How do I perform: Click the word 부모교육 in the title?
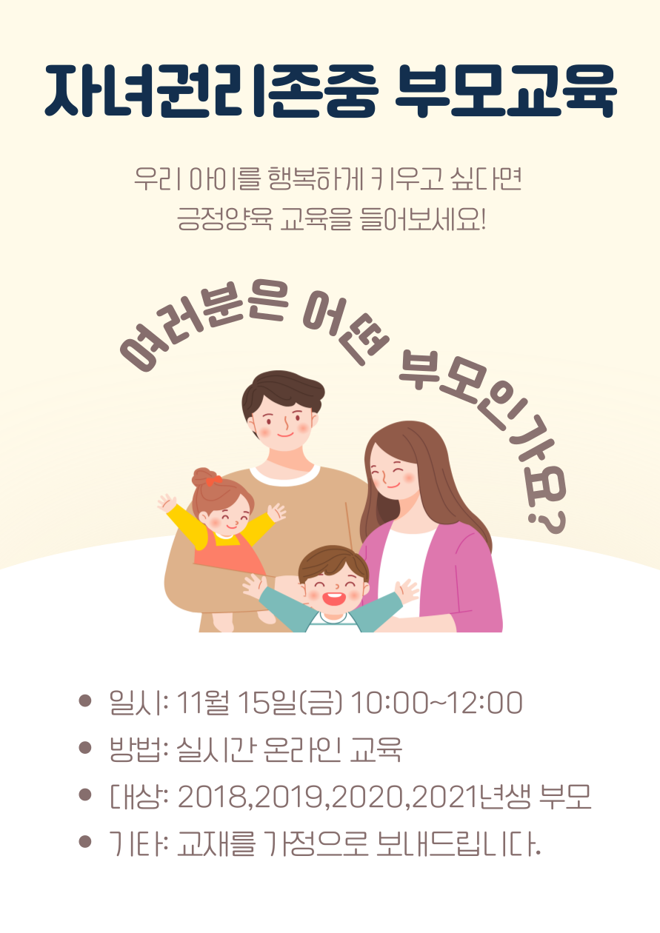point(506,90)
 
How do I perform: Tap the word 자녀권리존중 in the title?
point(211,90)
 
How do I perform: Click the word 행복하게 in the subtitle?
point(316,179)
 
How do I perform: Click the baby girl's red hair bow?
point(213,481)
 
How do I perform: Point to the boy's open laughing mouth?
point(334,599)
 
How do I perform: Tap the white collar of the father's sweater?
point(285,478)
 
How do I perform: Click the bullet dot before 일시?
point(84,700)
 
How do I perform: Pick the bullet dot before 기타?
point(84,842)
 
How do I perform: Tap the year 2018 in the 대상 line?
point(213,797)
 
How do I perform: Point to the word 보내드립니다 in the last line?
point(458,844)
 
